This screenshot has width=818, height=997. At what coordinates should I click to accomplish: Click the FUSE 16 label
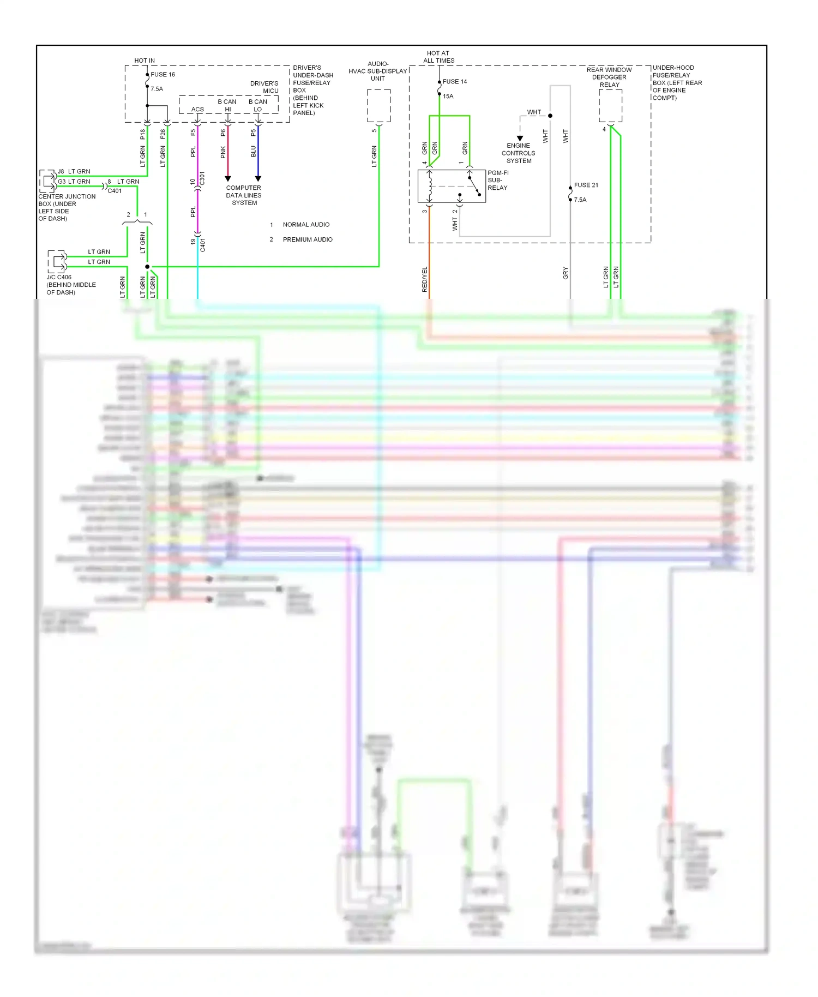163,75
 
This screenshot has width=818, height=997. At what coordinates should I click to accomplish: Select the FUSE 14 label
455,82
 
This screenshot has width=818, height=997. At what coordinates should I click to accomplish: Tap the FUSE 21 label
586,185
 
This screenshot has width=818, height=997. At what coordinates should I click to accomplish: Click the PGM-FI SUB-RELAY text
497,181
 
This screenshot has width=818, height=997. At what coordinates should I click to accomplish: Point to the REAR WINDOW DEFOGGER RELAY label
609,77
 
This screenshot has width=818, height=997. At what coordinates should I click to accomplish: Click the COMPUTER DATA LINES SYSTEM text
244,195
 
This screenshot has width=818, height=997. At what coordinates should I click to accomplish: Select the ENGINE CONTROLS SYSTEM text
518,153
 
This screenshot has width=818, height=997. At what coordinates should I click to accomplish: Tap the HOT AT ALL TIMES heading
438,57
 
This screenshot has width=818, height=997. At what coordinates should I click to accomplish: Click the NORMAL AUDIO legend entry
306,225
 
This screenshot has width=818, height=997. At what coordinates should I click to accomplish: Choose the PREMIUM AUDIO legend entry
308,240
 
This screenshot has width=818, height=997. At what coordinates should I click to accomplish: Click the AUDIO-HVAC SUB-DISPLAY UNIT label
378,71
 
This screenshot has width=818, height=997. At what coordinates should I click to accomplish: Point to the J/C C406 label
59,278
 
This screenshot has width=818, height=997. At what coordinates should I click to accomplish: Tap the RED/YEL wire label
425,279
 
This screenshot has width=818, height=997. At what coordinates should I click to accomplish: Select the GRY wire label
566,274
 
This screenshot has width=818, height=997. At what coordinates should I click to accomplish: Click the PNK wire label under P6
223,152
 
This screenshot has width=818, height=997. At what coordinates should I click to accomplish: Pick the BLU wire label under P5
254,152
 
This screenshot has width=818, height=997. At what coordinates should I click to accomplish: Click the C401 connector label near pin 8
115,191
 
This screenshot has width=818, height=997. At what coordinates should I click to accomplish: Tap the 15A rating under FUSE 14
448,97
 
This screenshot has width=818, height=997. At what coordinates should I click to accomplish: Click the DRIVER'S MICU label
264,87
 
